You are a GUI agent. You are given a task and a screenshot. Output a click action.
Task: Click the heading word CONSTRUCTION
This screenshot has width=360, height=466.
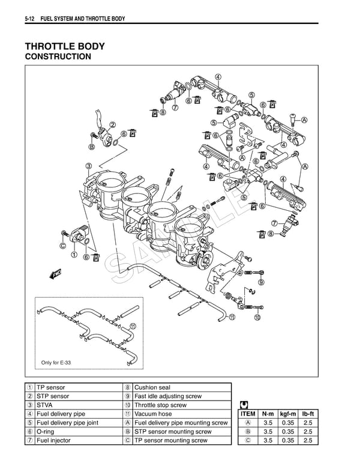58,57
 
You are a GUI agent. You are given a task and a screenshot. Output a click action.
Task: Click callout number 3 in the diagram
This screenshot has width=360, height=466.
88,166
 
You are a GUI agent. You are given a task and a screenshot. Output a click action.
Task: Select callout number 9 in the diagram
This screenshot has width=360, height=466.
261,282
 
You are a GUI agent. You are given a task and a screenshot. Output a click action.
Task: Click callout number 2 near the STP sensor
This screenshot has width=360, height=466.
112,125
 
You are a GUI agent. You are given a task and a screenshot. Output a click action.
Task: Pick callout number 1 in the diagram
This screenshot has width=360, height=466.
74,254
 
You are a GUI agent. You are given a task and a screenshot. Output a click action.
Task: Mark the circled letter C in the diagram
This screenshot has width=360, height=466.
62,245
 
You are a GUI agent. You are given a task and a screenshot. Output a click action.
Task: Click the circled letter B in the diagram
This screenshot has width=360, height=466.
92,147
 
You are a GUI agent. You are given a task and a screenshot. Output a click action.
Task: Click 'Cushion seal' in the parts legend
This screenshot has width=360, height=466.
152,388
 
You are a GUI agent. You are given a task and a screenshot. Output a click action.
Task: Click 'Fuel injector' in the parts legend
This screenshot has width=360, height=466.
54,440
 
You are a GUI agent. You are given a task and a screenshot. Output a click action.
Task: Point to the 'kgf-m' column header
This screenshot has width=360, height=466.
288,414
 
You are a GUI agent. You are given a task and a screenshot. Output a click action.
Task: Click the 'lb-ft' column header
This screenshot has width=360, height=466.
308,414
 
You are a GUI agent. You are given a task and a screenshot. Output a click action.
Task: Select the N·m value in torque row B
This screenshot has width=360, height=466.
268,431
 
